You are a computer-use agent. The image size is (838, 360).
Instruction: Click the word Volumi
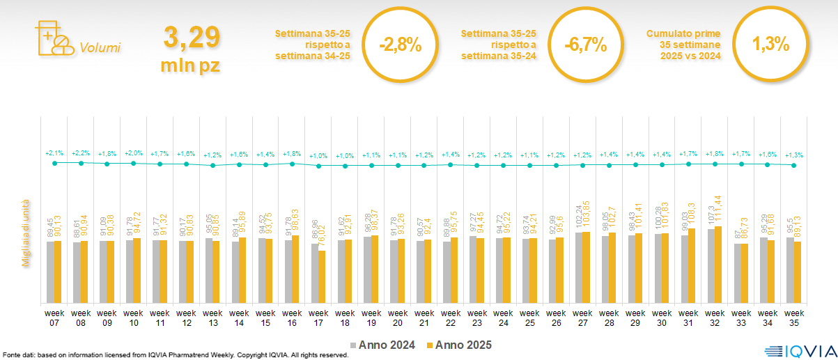(x=100, y=48)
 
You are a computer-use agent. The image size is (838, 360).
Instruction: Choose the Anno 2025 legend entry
(x=460, y=345)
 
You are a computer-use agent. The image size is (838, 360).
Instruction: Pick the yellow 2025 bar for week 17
(x=322, y=276)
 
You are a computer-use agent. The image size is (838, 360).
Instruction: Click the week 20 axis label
(x=398, y=317)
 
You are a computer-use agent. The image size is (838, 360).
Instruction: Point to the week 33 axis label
(x=741, y=317)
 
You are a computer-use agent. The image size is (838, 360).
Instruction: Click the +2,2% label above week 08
(x=81, y=152)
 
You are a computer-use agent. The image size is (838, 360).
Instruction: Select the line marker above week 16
(x=292, y=164)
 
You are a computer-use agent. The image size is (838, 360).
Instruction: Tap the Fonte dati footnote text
(x=174, y=355)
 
